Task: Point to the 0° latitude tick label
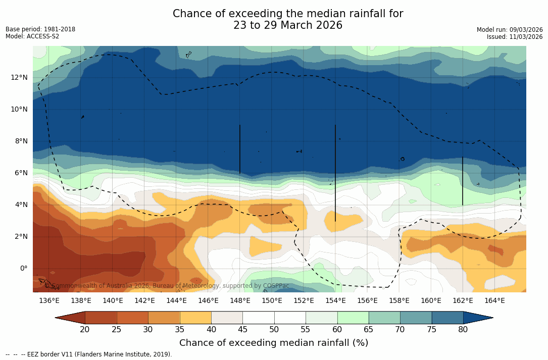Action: (x=23, y=269)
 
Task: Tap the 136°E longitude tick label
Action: (x=49, y=300)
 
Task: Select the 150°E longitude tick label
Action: (x=272, y=300)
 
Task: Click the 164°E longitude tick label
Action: (x=494, y=300)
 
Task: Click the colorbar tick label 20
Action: (x=85, y=330)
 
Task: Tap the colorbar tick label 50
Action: (x=274, y=330)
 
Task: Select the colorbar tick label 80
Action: (x=463, y=330)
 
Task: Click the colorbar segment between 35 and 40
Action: (x=195, y=318)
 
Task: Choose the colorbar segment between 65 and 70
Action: (x=384, y=318)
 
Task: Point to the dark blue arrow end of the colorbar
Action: (x=478, y=318)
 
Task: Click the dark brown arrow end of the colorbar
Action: (x=70, y=318)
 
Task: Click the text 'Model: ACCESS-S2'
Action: (x=32, y=36)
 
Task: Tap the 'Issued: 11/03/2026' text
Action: (x=514, y=37)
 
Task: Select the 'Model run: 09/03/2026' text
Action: (x=509, y=30)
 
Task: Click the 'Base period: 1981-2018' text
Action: (x=40, y=29)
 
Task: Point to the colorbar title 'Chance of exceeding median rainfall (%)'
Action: (x=274, y=343)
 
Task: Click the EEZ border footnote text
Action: (x=89, y=354)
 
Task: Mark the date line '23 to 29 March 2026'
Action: (x=288, y=25)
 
